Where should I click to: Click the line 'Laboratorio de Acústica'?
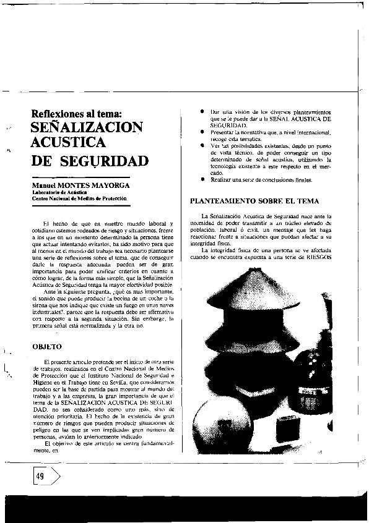pos(59,192)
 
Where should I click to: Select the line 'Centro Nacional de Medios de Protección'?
pos(79,198)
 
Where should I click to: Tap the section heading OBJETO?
pos(46,347)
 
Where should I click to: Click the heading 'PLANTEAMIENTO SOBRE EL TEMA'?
pos(255,201)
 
